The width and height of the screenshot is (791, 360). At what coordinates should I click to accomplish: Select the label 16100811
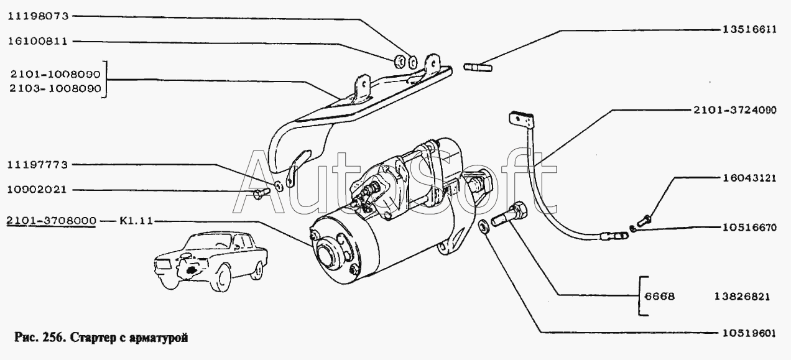click(38, 42)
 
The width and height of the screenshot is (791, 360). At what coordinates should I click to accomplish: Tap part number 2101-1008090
click(55, 73)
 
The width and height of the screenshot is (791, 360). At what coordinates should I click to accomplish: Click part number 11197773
click(38, 165)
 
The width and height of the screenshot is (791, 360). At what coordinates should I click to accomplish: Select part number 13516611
click(749, 29)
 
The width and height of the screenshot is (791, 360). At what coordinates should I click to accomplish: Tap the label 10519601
click(749, 331)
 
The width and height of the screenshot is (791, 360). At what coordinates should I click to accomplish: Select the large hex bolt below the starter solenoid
click(508, 217)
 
